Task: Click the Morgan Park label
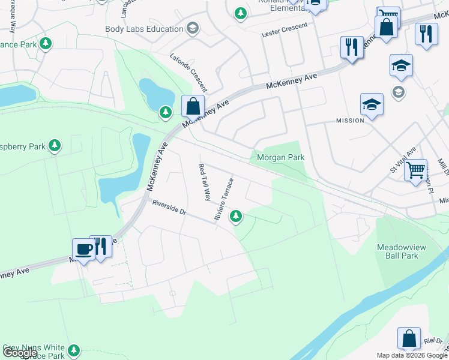pos(280,158)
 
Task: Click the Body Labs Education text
pos(144,29)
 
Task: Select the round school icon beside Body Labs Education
pos(192,28)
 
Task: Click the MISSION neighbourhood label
pos(350,121)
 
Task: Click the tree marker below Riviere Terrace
pos(237,216)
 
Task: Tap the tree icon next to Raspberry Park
pos(55,145)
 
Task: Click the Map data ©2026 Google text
pos(412,355)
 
